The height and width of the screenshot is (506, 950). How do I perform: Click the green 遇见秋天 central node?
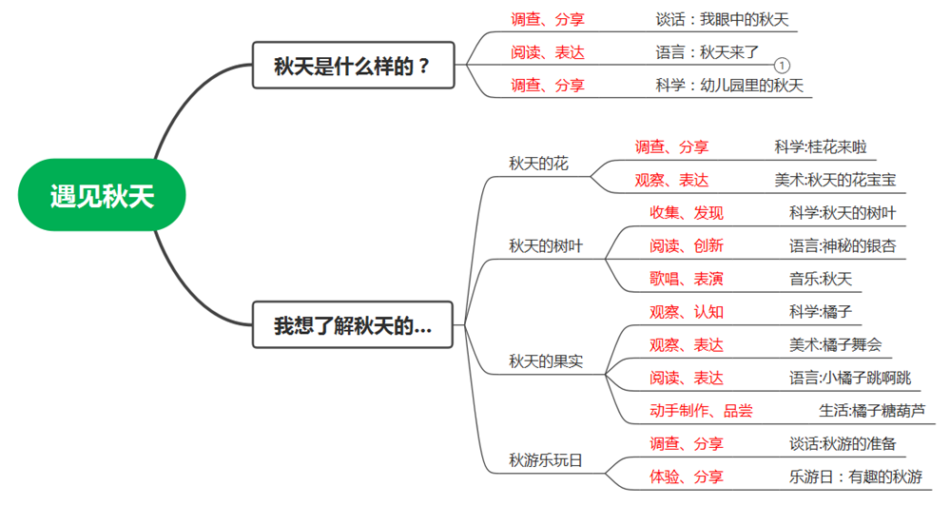tap(102, 196)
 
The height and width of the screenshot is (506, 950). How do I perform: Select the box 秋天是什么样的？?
tap(353, 67)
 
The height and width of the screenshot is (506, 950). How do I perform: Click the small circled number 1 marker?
tap(781, 66)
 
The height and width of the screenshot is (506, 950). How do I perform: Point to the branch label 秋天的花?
tap(538, 164)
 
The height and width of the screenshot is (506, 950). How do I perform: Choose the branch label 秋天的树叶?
tap(546, 246)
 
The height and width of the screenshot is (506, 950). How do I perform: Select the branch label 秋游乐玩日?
tap(546, 460)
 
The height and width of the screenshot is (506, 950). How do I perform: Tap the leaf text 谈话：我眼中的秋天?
tap(722, 19)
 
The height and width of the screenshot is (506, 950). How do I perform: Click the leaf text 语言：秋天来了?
tap(708, 51)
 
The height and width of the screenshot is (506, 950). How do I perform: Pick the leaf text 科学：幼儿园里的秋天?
tap(729, 85)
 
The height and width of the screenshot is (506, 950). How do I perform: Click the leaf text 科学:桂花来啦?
tap(821, 146)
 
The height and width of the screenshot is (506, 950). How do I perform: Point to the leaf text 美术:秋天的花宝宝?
tap(835, 180)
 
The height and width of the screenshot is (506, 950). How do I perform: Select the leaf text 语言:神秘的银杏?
tap(843, 245)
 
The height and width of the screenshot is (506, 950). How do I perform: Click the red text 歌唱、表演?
tap(687, 279)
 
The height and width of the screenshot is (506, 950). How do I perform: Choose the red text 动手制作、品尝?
tap(701, 410)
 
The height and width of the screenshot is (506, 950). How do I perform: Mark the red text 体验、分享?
tap(687, 477)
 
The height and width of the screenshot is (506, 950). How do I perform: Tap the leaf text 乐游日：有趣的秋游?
tap(856, 477)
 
